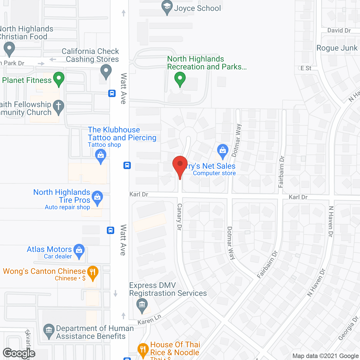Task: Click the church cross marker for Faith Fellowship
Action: [58, 107]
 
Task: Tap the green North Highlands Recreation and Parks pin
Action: [180, 78]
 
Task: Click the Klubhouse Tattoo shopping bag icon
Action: [101, 155]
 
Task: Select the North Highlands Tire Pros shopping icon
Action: [97, 197]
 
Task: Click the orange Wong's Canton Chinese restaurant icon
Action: [93, 272]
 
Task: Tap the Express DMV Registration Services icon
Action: [142, 305]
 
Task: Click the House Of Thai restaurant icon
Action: [143, 350]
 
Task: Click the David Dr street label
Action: [339, 30]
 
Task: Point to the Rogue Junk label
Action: [337, 48]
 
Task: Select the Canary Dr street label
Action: [179, 217]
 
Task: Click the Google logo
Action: [19, 353]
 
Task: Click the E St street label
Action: [306, 68]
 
